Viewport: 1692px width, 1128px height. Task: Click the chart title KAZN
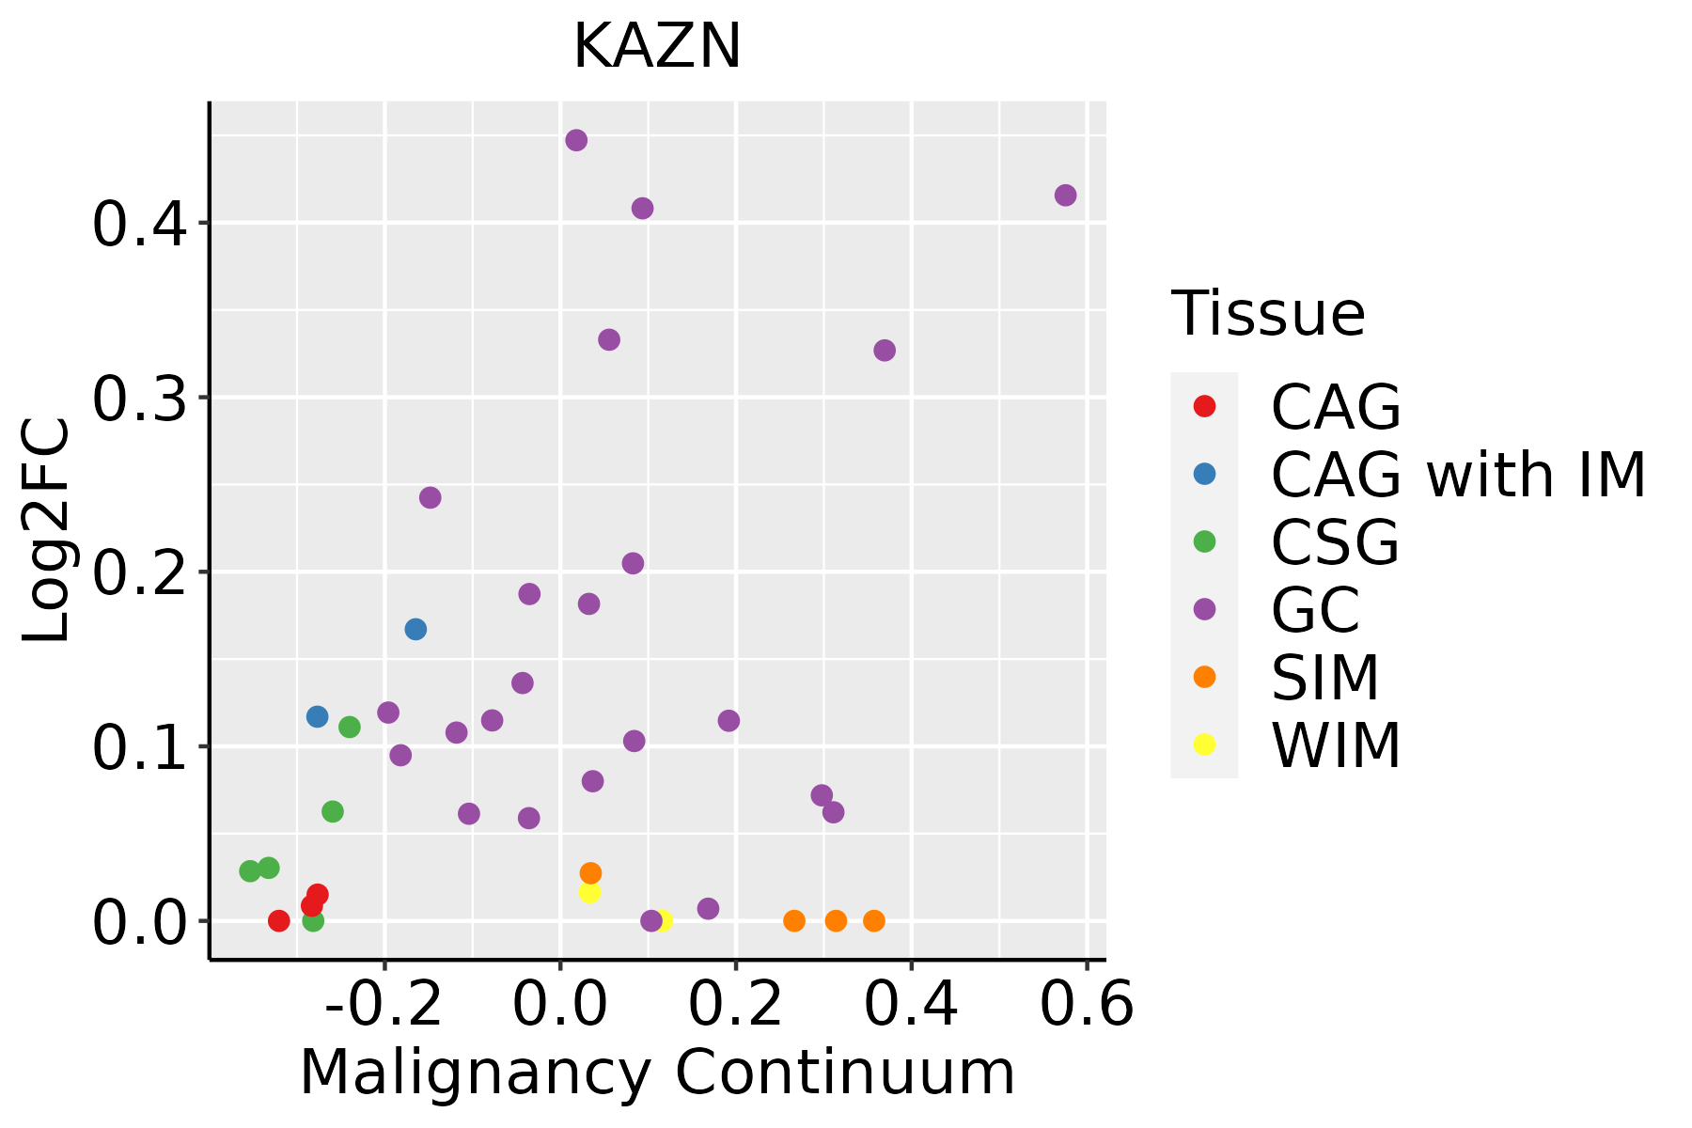click(657, 47)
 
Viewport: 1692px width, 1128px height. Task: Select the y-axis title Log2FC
click(47, 531)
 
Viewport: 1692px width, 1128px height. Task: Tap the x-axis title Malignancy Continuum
click(657, 1073)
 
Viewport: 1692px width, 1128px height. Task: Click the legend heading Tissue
click(1268, 314)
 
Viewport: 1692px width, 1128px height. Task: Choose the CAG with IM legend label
click(1458, 475)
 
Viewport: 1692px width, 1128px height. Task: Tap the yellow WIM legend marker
click(1204, 744)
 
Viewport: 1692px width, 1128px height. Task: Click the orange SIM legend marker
click(1204, 677)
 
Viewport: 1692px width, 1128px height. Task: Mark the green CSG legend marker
click(1204, 541)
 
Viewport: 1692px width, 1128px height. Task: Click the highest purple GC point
click(576, 140)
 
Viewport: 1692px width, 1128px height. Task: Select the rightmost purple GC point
click(1065, 196)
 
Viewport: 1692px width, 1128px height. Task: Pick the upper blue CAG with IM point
click(415, 629)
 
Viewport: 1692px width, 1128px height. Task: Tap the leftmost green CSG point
click(250, 871)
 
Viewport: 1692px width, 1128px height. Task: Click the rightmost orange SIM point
click(874, 920)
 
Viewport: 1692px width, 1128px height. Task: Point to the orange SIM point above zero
click(590, 873)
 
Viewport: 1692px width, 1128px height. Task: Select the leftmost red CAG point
click(278, 920)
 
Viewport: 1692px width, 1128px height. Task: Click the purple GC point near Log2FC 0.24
click(431, 497)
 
